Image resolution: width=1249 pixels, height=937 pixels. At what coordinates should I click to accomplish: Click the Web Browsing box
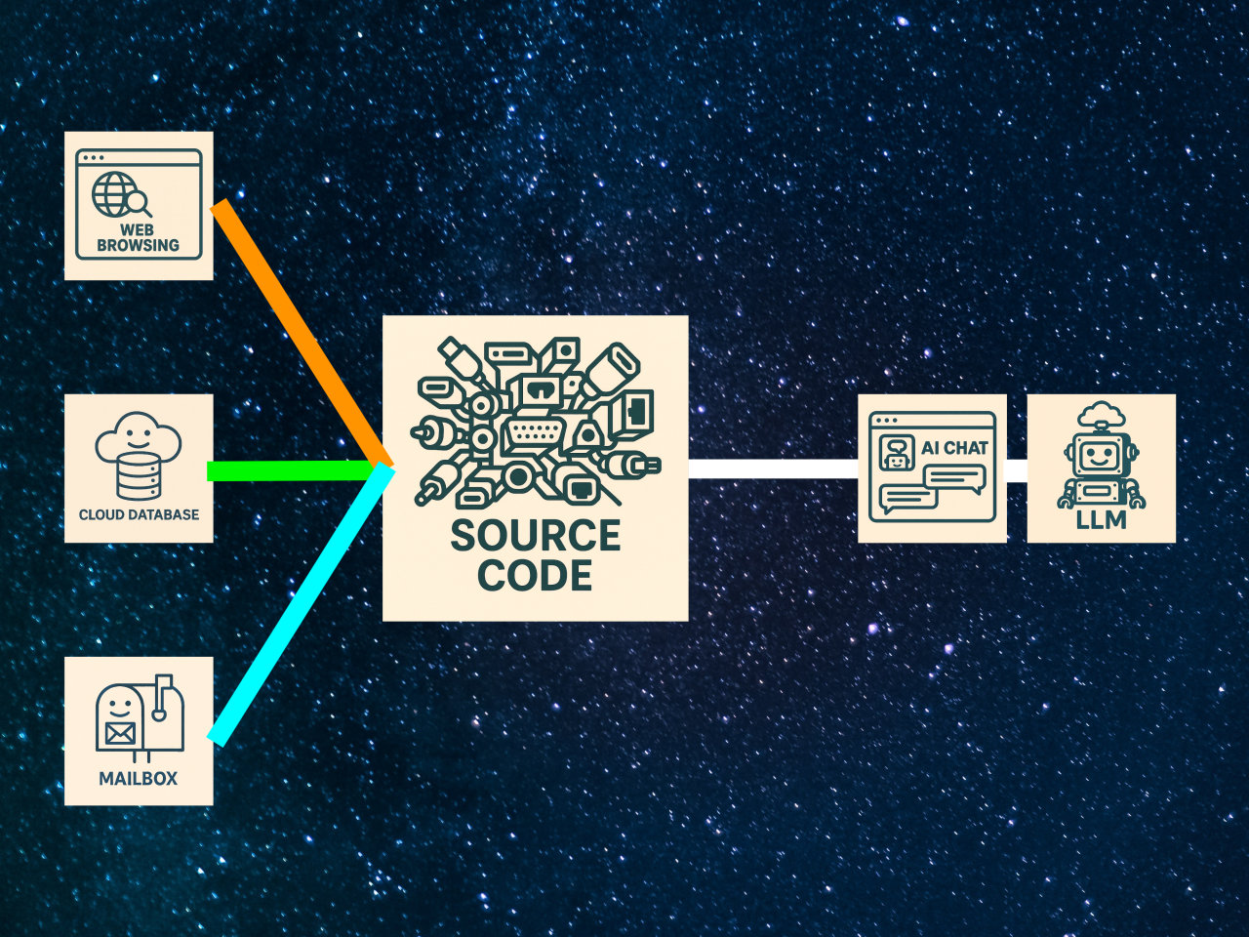point(139,206)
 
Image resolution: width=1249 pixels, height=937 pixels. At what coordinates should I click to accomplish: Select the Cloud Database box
point(139,468)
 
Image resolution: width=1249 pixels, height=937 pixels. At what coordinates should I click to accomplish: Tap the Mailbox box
point(139,731)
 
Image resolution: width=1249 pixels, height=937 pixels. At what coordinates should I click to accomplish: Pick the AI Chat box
point(932,468)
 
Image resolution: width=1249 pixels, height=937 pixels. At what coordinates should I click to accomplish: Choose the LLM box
point(1101,468)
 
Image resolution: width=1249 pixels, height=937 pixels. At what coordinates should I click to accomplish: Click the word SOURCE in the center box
point(536,536)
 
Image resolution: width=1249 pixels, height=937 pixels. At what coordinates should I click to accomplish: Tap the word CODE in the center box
point(535,576)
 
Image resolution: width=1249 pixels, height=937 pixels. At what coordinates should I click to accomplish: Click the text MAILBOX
point(139,779)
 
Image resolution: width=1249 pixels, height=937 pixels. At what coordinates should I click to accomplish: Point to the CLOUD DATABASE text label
point(139,514)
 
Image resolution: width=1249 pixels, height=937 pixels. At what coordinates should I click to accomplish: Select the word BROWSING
point(139,246)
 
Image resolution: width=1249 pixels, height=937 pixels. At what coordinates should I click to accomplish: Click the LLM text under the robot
point(1101,520)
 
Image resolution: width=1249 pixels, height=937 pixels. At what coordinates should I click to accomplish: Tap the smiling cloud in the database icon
point(139,436)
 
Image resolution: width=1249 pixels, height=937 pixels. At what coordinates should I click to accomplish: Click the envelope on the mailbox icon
point(120,732)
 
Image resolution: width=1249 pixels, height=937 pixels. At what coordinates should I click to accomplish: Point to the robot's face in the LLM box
point(1100,455)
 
